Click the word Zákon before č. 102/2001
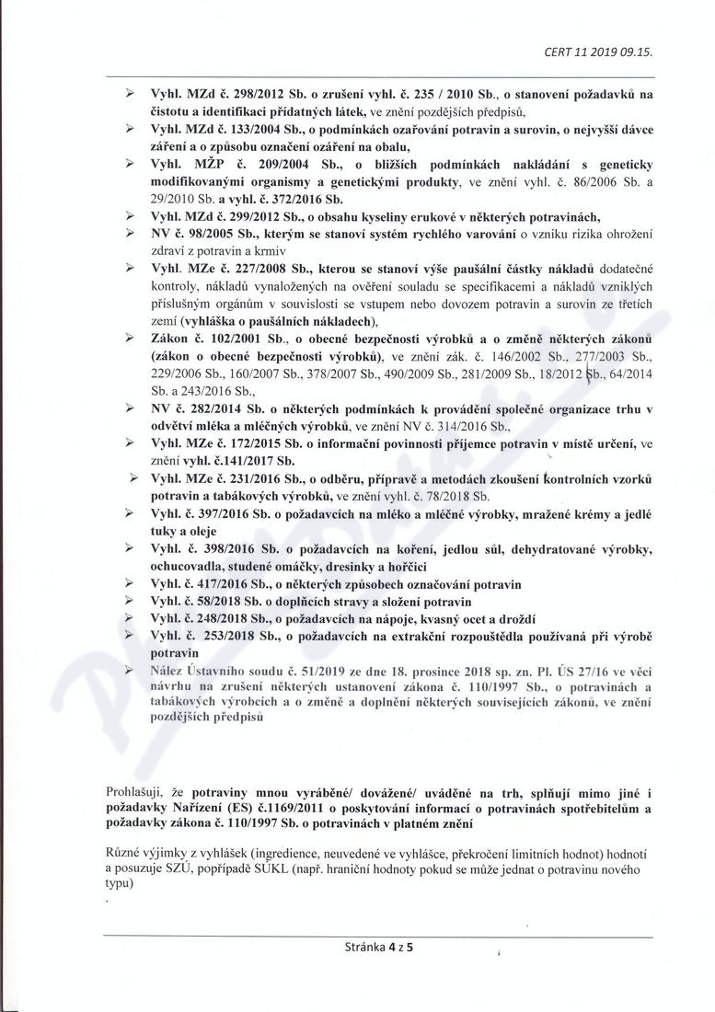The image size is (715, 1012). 170,339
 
